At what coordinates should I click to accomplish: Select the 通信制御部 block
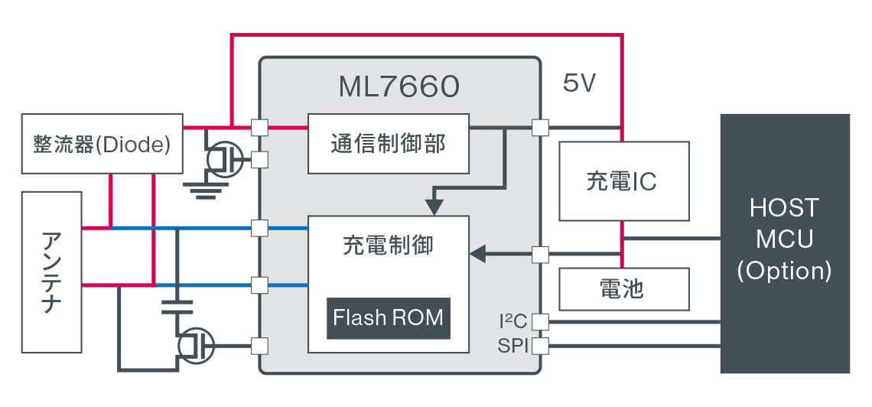pos(388,144)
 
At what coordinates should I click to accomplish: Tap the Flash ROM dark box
pos(389,317)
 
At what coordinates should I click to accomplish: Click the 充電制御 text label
pos(388,246)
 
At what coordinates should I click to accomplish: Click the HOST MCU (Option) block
pos(785,243)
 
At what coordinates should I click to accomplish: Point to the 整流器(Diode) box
pos(102,144)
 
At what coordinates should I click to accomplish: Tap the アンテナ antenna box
pos(52,272)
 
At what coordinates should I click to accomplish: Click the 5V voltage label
pos(579,84)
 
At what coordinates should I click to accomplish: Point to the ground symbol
pos(201,189)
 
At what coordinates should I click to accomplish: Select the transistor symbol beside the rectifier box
pos(223,159)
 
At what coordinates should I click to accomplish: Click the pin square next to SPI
pos(540,347)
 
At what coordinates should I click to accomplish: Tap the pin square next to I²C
pos(540,321)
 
